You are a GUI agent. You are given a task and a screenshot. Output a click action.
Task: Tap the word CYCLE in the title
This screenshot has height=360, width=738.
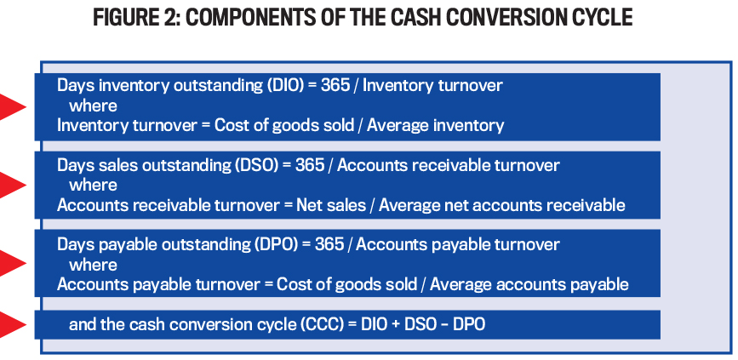pyautogui.click(x=595, y=19)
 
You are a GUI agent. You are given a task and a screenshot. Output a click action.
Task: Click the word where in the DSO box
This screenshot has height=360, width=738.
pyautogui.click(x=93, y=185)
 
